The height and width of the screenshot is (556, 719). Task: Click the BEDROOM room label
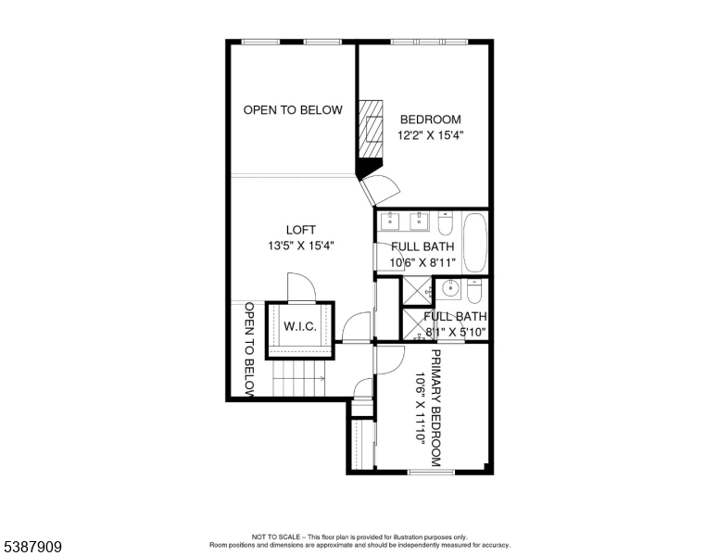pos(430,120)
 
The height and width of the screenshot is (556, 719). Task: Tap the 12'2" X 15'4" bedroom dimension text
pos(431,135)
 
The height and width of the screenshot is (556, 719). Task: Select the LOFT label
pos(300,230)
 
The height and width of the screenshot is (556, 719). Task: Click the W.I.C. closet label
pos(299,326)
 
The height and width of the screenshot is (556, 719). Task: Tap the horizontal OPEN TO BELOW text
pos(293,110)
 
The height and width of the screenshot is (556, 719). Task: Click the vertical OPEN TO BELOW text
pos(249,350)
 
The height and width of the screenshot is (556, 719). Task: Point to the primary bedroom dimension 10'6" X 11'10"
pos(419,408)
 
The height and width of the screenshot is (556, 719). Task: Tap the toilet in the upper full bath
pos(445,225)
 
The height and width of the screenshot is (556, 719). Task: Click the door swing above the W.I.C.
pos(302,287)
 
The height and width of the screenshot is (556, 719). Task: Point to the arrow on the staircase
pos(315,377)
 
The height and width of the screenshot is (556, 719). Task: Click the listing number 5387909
pos(32,548)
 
